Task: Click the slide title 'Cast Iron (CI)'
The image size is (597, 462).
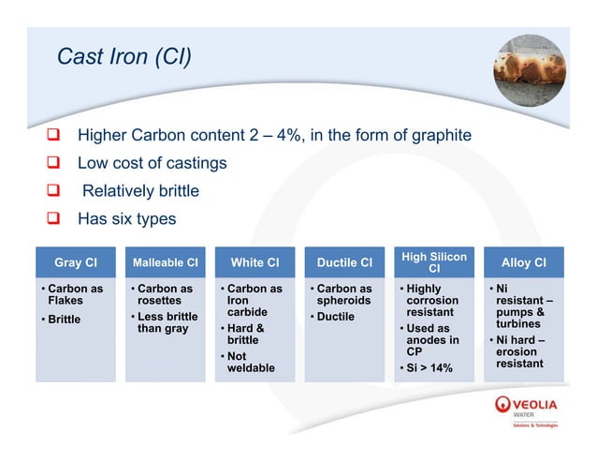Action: (x=124, y=57)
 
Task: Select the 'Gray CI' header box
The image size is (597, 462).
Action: (x=78, y=262)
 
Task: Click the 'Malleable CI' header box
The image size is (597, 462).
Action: (x=165, y=262)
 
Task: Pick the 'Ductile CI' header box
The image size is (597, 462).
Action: (x=343, y=262)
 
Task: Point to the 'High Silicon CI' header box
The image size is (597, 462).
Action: (x=433, y=262)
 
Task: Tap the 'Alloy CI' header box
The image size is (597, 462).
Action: (x=523, y=262)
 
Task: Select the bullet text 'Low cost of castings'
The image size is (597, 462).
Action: (x=152, y=163)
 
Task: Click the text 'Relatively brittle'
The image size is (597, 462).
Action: (x=140, y=190)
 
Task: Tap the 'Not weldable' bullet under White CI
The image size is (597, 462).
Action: (x=251, y=362)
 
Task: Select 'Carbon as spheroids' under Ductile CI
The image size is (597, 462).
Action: (x=344, y=294)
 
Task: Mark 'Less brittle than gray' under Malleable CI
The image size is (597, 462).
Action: (x=168, y=322)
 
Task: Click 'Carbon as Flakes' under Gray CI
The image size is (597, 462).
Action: (x=75, y=294)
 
